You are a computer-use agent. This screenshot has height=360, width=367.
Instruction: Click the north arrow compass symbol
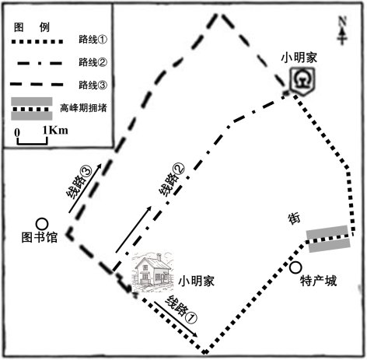point(342,30)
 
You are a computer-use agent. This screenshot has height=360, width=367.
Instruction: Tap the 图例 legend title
point(32,27)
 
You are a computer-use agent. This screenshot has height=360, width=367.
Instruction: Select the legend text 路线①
point(93,40)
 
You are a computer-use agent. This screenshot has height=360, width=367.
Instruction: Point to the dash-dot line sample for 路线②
point(40,63)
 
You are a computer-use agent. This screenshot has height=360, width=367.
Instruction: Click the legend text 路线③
point(93,85)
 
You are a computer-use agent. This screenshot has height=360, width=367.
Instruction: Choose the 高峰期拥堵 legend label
point(83,108)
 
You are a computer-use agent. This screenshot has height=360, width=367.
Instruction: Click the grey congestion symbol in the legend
point(32,109)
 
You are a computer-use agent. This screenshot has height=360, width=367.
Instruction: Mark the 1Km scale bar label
point(55,130)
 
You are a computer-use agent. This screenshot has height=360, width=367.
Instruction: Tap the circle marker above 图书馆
point(42,224)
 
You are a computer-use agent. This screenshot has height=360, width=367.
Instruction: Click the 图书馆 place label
point(39,237)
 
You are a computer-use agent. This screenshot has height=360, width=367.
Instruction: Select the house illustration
point(152,272)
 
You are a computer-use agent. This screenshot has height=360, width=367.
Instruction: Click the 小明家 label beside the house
point(196,281)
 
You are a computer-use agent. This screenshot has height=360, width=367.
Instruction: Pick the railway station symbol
point(302,80)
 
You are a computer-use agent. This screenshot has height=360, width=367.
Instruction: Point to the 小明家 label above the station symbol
point(299,58)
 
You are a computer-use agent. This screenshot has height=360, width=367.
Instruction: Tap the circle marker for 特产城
point(295,267)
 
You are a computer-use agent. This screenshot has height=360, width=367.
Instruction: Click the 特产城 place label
point(318,281)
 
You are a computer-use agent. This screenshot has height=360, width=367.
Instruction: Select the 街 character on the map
point(294,219)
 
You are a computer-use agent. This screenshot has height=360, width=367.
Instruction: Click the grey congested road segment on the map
point(328,239)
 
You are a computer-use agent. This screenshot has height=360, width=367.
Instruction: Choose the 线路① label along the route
point(181,309)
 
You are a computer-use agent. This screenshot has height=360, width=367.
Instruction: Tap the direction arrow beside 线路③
point(85,188)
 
